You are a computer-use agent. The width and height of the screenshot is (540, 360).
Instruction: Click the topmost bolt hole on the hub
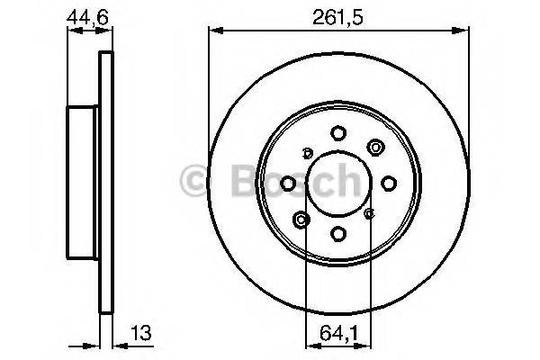tap(337, 132)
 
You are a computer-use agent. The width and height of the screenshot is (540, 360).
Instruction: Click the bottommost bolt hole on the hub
tap(337, 234)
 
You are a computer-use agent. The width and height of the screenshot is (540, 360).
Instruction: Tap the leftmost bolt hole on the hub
tap(287, 184)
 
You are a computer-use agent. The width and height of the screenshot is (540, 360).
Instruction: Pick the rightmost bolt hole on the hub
tap(389, 184)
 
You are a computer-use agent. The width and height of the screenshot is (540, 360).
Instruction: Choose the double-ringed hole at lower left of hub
tap(301, 219)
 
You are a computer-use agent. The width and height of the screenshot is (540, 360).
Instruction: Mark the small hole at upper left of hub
tap(307, 152)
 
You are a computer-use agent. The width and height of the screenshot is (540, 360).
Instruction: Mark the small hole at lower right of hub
tap(369, 214)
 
